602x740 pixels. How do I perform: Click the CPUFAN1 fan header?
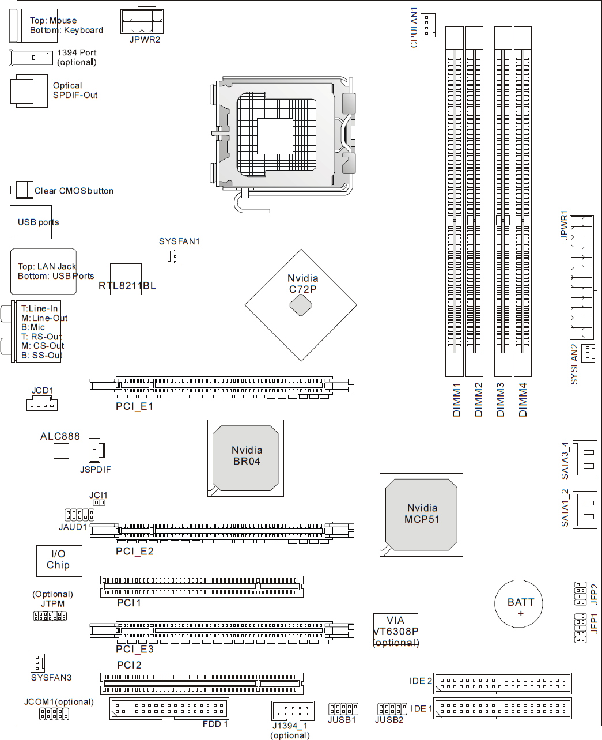point(427,25)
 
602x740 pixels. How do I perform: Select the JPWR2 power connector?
point(142,21)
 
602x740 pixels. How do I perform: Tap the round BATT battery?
point(518,603)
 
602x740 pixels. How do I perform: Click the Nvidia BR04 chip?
point(245,458)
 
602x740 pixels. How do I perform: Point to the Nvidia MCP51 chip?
point(421,515)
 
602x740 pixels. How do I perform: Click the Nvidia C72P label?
point(303,284)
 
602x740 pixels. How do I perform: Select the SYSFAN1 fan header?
point(175,256)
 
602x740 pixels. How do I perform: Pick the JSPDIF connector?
point(97,450)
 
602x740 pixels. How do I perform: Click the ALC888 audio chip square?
point(61,451)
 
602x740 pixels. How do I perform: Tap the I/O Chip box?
point(59,561)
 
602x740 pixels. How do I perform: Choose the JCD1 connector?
point(42,405)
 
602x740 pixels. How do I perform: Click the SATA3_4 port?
point(585,459)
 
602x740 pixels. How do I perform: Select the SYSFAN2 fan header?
point(588,353)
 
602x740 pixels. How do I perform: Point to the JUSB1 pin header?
point(343,709)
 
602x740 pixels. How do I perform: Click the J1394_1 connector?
point(293,711)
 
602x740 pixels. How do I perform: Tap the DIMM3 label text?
point(500,399)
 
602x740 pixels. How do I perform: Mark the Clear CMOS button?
point(22,190)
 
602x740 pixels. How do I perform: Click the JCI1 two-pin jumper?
point(99,503)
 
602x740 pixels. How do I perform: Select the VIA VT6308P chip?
point(395,630)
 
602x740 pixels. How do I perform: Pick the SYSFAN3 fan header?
point(37,663)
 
